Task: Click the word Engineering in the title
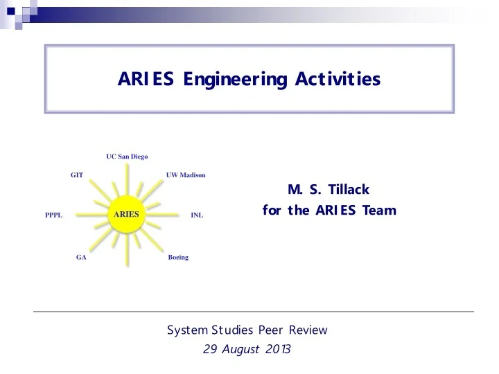click(x=221, y=80)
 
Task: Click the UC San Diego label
click(x=127, y=157)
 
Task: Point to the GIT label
click(x=77, y=175)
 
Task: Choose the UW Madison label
click(x=186, y=175)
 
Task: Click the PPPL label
click(x=53, y=215)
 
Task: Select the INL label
click(x=197, y=215)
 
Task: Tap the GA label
click(x=81, y=257)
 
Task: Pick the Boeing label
click(x=178, y=257)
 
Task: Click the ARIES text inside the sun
click(x=127, y=214)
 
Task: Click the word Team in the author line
click(x=379, y=209)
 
